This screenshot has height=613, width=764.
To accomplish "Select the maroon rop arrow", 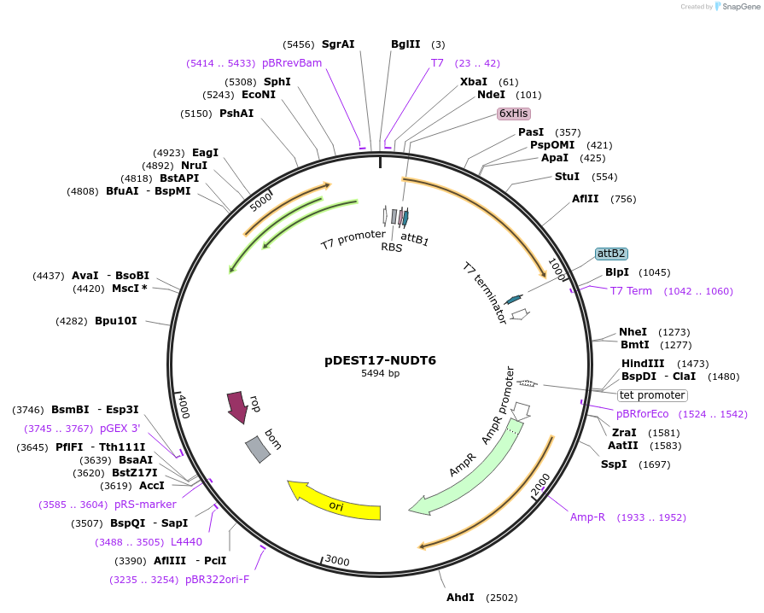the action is [238, 406].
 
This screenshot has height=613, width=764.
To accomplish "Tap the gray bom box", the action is [258, 449].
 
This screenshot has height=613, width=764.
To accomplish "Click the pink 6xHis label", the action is [514, 114].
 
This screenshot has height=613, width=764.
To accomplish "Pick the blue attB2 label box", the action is [611, 254].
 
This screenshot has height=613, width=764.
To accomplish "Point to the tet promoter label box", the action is [652, 395].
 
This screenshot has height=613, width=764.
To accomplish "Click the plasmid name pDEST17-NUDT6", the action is [380, 360].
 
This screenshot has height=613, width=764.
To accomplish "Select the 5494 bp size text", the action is [380, 373].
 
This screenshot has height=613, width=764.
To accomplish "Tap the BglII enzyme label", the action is [405, 44].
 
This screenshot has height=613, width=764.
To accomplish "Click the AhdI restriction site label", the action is [460, 598].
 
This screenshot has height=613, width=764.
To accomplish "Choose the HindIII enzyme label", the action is [643, 364].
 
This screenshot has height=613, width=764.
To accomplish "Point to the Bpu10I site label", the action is [116, 321].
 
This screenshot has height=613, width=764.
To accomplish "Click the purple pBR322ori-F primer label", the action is [218, 580].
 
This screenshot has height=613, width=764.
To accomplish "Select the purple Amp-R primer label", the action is [587, 517].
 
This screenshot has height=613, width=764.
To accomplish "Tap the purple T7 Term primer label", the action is [631, 291].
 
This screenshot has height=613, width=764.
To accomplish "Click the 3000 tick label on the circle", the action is [337, 560].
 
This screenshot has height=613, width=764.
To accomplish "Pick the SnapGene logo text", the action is [741, 6].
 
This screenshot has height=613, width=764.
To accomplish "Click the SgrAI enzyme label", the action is [338, 44].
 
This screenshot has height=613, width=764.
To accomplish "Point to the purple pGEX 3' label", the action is [120, 429].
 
